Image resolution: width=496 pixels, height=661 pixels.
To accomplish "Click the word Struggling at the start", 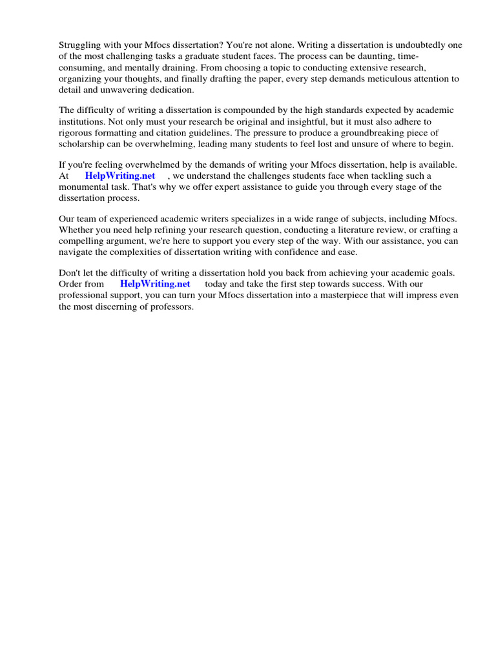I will tap(80, 45).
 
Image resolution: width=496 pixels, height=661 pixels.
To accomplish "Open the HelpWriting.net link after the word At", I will tap(120, 176).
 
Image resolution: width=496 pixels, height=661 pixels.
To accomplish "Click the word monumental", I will tap(85, 187).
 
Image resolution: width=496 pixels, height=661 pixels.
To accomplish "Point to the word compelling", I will tap(83, 242).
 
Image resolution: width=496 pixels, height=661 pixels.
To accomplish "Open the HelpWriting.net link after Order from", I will tap(155, 284).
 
